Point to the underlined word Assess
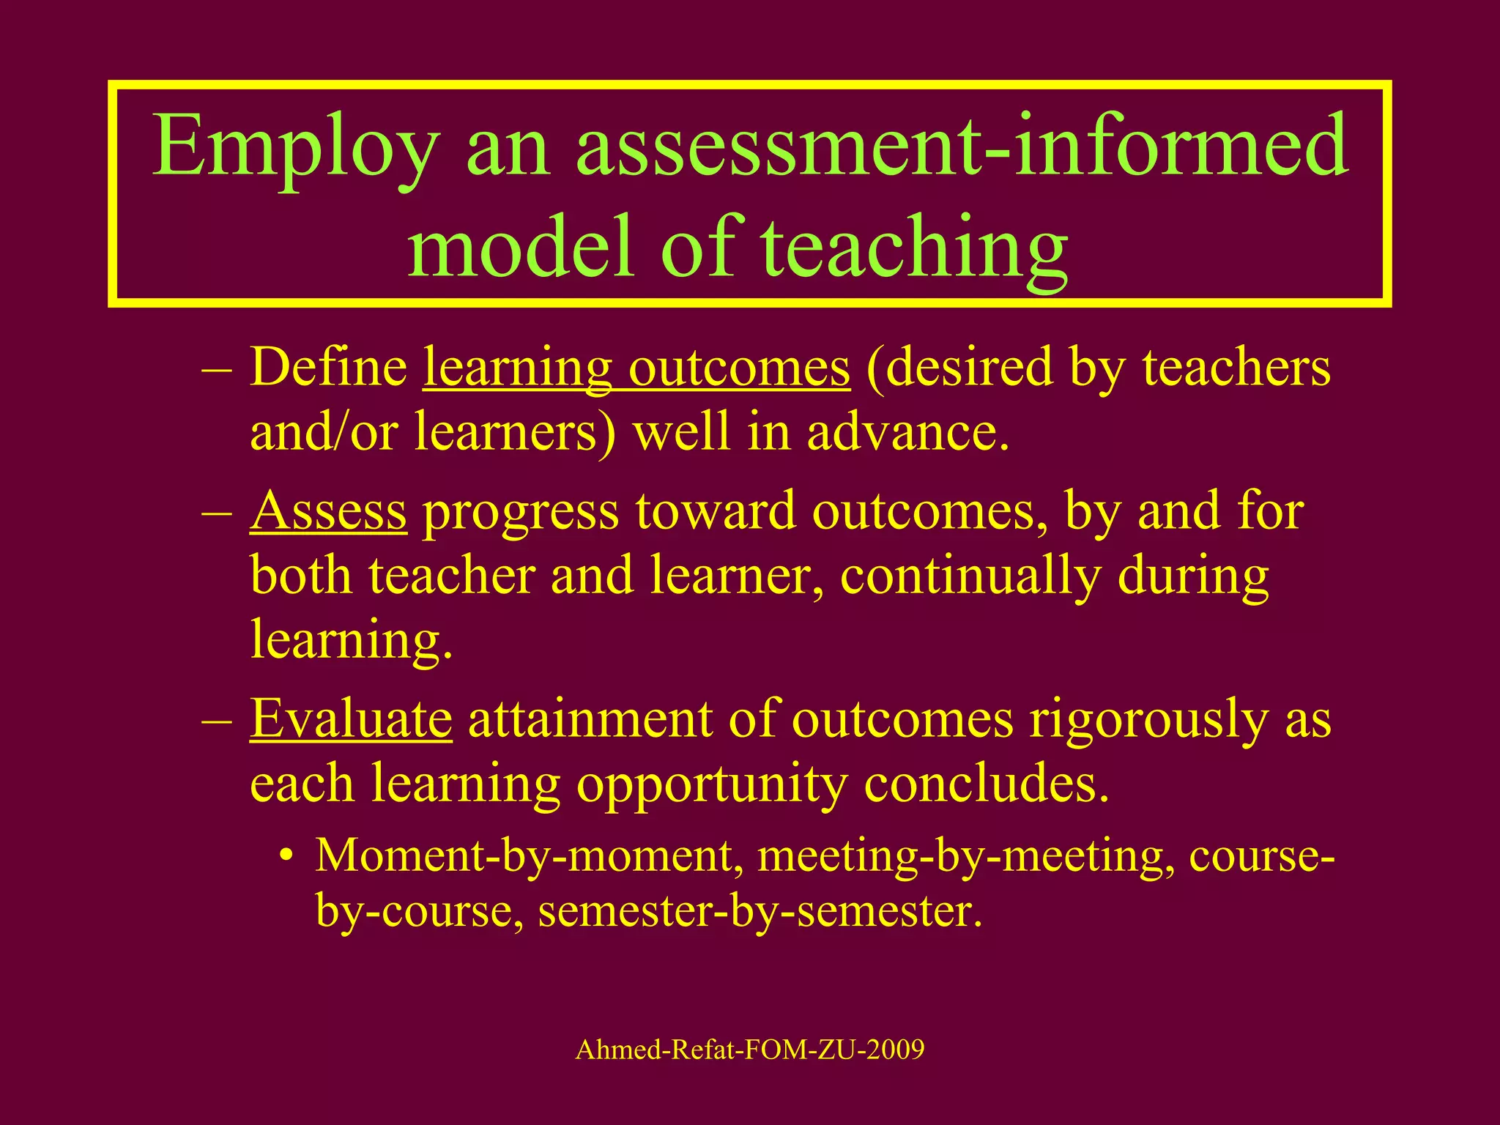coord(328,510)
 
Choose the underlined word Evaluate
coord(351,719)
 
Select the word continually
coord(970,575)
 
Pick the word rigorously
coord(1147,719)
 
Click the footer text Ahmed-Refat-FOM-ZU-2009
coord(750,1050)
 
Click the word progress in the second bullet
coord(521,510)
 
